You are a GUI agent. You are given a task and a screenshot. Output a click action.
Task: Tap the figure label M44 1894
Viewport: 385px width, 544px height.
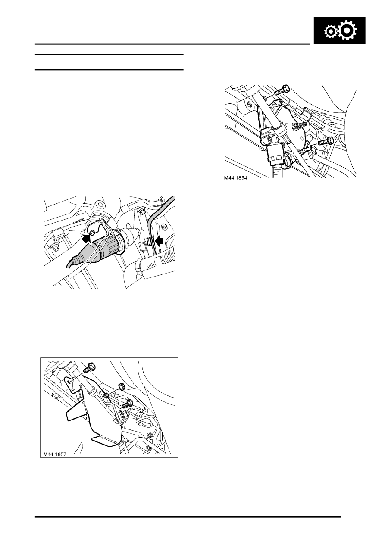click(x=235, y=178)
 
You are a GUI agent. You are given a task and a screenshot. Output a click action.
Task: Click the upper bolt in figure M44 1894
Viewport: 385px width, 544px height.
click(x=282, y=90)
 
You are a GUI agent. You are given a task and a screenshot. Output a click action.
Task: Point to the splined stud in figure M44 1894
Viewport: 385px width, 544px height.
click(x=300, y=126)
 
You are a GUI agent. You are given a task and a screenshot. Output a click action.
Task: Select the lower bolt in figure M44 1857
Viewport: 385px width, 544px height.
click(x=127, y=404)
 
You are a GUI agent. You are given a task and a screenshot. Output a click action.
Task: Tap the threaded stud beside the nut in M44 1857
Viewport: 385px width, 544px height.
click(x=106, y=395)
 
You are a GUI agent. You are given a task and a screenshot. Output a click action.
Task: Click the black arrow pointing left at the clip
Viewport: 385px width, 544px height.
click(x=160, y=241)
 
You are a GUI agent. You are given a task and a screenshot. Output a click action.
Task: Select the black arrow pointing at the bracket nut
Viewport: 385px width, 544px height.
click(x=86, y=238)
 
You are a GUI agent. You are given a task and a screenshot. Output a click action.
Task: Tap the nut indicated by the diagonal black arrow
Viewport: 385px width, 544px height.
click(x=92, y=233)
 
